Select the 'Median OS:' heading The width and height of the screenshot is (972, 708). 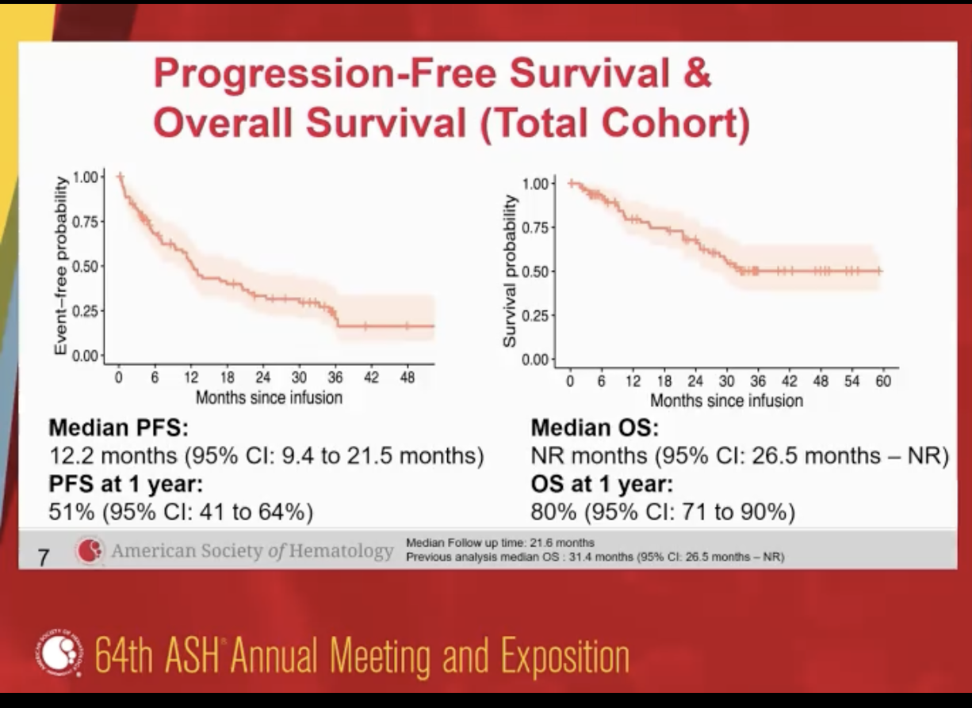pyautogui.click(x=595, y=428)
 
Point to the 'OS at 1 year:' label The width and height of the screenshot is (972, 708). pyautogui.click(x=602, y=484)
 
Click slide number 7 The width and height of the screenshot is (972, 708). pyautogui.click(x=45, y=558)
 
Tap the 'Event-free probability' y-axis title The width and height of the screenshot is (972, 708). pyautogui.click(x=60, y=265)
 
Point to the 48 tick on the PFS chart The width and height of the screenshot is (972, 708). pyautogui.click(x=408, y=378)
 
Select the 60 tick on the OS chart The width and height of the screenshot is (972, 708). pyautogui.click(x=882, y=382)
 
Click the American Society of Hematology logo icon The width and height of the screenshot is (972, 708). pyautogui.click(x=90, y=550)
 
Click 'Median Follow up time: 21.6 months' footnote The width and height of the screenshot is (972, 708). pyautogui.click(x=500, y=542)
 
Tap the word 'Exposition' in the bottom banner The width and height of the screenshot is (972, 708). pyautogui.click(x=564, y=657)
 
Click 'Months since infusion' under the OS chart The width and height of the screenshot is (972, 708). pyautogui.click(x=726, y=401)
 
